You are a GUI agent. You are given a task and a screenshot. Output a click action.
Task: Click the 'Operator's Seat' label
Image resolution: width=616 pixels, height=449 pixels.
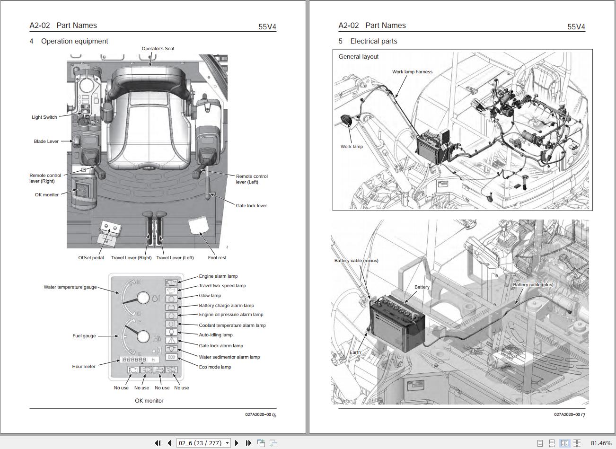158,48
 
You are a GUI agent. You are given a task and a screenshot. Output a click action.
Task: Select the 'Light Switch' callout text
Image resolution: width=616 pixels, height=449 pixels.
44,117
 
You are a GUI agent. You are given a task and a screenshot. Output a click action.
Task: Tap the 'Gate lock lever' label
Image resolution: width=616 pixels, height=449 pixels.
251,206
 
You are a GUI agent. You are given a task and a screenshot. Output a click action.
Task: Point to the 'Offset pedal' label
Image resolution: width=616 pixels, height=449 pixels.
91,258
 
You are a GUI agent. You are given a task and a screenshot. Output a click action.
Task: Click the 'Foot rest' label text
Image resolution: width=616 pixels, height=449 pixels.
217,258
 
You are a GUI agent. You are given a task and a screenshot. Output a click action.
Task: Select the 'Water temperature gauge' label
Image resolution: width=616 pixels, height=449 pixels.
70,287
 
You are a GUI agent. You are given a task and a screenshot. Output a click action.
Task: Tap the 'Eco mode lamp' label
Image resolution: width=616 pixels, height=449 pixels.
215,367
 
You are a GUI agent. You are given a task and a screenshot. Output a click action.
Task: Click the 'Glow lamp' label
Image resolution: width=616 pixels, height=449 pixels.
210,296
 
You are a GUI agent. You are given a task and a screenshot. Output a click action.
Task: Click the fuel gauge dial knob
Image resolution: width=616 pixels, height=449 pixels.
143,337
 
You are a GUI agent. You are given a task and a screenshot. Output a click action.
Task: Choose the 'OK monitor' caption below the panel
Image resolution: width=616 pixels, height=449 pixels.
149,401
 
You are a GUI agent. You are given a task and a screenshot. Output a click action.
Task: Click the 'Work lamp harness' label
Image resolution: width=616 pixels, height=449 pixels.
412,72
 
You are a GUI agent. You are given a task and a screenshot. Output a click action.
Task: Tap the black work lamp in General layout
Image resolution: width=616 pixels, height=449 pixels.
346,121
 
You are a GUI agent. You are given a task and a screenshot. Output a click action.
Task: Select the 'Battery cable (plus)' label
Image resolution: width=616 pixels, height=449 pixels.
533,285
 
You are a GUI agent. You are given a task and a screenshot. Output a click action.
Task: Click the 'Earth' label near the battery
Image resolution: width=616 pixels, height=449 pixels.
355,352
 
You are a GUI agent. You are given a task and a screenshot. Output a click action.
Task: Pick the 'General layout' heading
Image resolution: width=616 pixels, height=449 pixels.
359,57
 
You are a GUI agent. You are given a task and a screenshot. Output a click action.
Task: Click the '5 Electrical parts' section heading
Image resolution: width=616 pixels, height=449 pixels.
368,41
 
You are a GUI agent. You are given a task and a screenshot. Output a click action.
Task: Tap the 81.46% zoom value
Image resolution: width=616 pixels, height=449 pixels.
601,443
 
